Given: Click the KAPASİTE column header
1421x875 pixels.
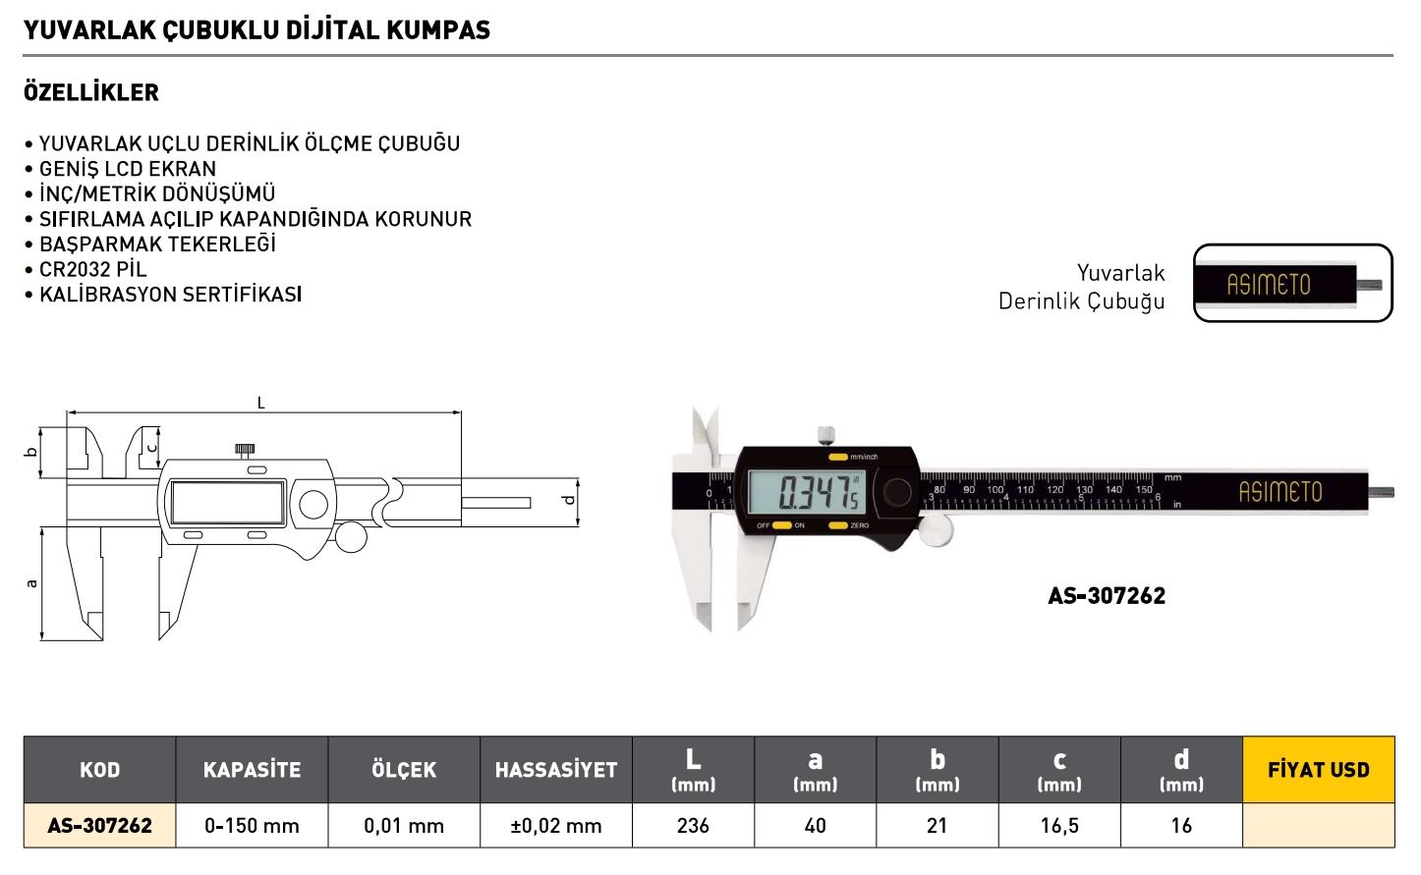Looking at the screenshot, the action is pos(252,770).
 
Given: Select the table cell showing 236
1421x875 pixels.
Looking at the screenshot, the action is pos(693,826).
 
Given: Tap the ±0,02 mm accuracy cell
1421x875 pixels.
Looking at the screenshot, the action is pos(556,826).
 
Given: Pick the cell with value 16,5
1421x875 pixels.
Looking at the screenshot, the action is pos(1059,826).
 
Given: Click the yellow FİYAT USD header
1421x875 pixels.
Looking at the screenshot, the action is pos(1318,770).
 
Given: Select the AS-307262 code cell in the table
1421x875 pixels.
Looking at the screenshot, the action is pos(99,826).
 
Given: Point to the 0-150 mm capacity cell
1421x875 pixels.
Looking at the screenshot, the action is pos(252,826).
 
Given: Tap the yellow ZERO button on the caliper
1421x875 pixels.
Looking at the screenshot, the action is pos(838,525).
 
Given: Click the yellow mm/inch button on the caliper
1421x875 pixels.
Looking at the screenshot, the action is pos(838,457).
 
